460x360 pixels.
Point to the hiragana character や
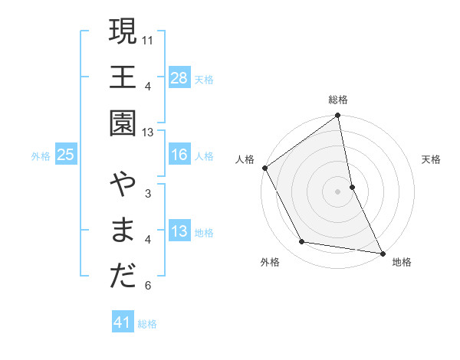pyautogui.click(x=123, y=187)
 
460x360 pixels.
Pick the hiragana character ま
pyautogui.click(x=123, y=231)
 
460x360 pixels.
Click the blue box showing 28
pyautogui.click(x=179, y=78)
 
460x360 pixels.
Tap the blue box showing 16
pyautogui.click(x=179, y=155)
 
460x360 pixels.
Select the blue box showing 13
pyautogui.click(x=179, y=232)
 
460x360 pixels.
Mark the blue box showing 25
pyautogui.click(x=65, y=155)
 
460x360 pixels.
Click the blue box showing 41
pyautogui.click(x=123, y=323)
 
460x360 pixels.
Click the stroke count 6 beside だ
pyautogui.click(x=148, y=286)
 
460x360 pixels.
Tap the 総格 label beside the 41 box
pyautogui.click(x=147, y=324)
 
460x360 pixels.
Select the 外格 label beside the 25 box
pyautogui.click(x=41, y=156)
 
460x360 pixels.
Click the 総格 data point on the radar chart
pyautogui.click(x=337, y=116)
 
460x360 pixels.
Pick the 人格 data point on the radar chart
pyautogui.click(x=265, y=168)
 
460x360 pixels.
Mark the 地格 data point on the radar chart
pyautogui.click(x=382, y=252)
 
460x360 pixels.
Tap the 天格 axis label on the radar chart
pyautogui.click(x=431, y=159)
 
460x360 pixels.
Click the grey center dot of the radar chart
pyautogui.click(x=337, y=191)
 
